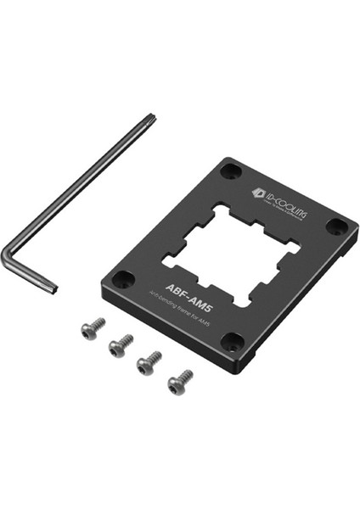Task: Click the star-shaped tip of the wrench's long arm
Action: point(150,119)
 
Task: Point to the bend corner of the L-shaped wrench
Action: point(6,252)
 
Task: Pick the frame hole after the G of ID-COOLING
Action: point(337,227)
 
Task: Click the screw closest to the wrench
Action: point(92,328)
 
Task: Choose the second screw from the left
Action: point(120,344)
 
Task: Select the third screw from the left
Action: point(149,364)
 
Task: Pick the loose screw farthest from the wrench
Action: point(178,383)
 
